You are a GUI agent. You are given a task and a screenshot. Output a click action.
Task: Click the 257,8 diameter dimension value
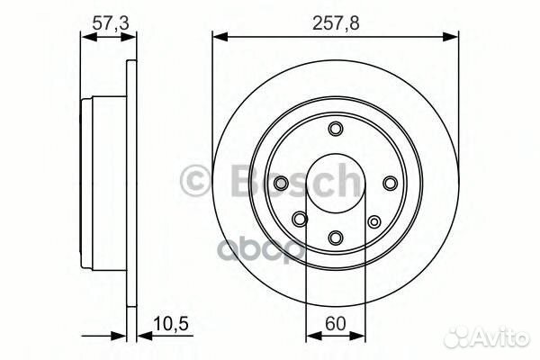[334, 20]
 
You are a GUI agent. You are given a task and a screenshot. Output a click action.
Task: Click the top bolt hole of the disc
[335, 130]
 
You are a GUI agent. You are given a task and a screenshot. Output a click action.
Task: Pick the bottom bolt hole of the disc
[335, 238]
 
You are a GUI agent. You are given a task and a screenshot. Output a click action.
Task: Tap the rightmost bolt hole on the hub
[390, 184]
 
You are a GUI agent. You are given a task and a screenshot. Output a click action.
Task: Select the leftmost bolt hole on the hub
[280, 184]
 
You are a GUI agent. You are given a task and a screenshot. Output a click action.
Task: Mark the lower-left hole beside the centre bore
[300, 217]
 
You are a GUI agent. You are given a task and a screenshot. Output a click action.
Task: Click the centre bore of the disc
[335, 184]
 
